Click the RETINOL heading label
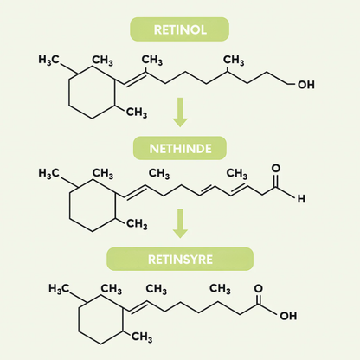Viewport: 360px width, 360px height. pyautogui.click(x=180, y=29)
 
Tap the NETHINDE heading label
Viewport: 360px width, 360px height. pyautogui.click(x=180, y=149)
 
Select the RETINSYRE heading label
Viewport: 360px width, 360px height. pyautogui.click(x=180, y=260)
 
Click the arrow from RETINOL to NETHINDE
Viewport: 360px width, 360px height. pyautogui.click(x=180, y=112)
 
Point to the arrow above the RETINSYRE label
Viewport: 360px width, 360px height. pyautogui.click(x=180, y=223)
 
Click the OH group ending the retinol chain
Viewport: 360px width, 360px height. pyautogui.click(x=306, y=85)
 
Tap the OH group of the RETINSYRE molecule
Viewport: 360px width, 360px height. pyautogui.click(x=288, y=316)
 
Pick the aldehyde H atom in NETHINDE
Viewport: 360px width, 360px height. pyautogui.click(x=301, y=198)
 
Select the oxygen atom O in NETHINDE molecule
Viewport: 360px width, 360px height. pyautogui.click(x=276, y=168)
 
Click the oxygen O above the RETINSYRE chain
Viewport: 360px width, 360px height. pyautogui.click(x=258, y=288)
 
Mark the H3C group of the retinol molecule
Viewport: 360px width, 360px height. pyautogui.click(x=48, y=60)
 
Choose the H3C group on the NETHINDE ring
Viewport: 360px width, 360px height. pyautogui.click(x=48, y=173)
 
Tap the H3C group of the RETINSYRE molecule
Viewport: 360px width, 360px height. pyautogui.click(x=59, y=288)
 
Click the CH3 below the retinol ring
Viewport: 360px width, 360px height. pyautogui.click(x=137, y=112)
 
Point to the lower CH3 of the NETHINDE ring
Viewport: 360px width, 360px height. pyautogui.click(x=137, y=223)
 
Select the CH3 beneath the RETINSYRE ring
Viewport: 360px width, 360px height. pyautogui.click(x=142, y=337)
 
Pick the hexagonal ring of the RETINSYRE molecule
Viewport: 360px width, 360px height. pyautogui.click(x=79, y=319)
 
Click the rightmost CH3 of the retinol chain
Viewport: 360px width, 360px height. pyautogui.click(x=234, y=61)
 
